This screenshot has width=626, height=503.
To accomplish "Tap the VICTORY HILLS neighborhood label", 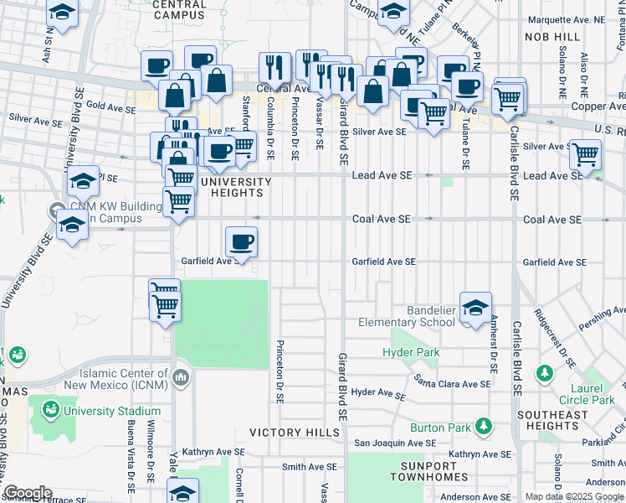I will (x=290, y=433).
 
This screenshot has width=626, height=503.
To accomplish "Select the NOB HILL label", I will (x=552, y=38).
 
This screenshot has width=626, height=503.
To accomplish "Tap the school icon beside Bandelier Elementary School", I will (x=475, y=308).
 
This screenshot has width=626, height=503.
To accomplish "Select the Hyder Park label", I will (x=411, y=353).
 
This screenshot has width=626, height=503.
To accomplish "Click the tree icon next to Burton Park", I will (x=483, y=426).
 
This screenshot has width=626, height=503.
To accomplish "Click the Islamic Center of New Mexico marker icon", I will (x=181, y=379).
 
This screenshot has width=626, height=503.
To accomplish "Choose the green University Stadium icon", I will (x=50, y=410).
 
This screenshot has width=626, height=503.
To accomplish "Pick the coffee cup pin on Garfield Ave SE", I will (x=241, y=242).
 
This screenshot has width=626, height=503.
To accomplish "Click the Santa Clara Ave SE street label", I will (x=453, y=383).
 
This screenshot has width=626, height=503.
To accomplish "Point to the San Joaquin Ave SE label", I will (x=396, y=442).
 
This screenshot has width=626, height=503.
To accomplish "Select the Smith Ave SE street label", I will (x=309, y=467).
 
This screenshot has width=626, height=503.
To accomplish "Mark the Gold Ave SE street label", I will (x=110, y=108).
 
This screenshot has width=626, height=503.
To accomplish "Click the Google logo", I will (x=28, y=493).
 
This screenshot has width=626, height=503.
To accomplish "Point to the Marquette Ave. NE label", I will (x=565, y=18).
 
